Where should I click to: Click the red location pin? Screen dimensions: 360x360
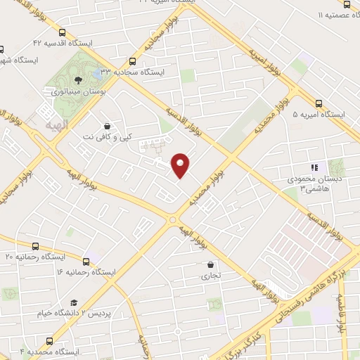pyautogui.click(x=181, y=165)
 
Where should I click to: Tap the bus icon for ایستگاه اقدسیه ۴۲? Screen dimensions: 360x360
pyautogui.click(x=63, y=33)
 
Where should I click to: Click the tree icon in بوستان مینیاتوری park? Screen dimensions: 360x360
pyautogui.click(x=78, y=80)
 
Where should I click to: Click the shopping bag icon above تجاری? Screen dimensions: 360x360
pyautogui.click(x=211, y=265)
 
